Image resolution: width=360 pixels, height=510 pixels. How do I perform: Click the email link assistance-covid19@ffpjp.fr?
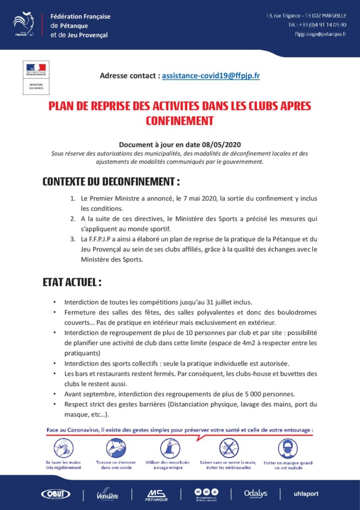point(211,76)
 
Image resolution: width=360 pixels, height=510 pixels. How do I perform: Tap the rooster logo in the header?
point(26,25)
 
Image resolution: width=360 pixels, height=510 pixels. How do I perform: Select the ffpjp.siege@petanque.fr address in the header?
point(320,35)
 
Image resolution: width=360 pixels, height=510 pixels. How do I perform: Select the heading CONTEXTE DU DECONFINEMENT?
point(111,181)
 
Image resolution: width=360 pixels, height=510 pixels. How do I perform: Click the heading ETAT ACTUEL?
point(72,282)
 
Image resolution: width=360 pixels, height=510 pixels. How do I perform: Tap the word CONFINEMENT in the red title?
point(179,121)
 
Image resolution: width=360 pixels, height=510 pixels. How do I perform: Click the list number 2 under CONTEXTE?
point(73,219)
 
